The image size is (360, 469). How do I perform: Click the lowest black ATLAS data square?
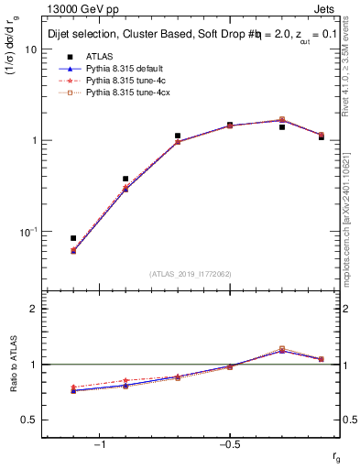pyautogui.click(x=73, y=238)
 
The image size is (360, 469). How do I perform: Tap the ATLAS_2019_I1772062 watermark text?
pyautogui.click(x=191, y=274)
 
